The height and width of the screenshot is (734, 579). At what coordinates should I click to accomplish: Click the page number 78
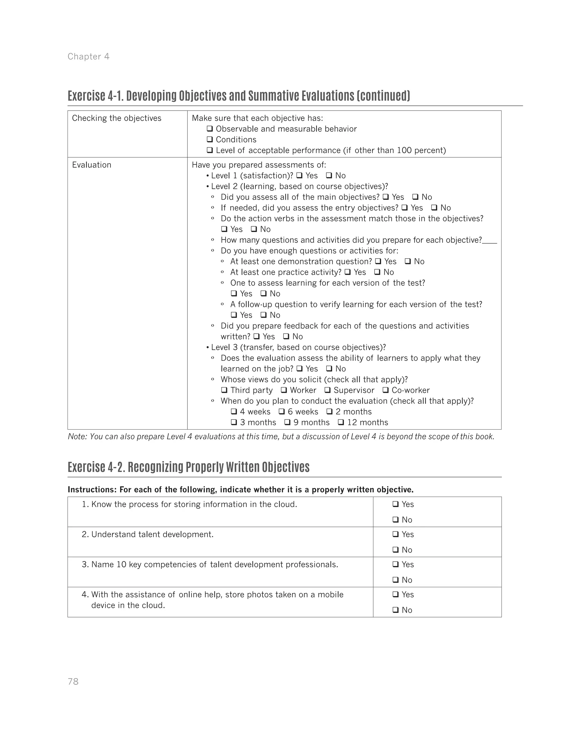click(73, 681)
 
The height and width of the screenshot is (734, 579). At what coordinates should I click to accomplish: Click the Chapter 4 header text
click(88, 56)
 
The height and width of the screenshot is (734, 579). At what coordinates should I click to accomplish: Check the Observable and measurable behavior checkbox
click(210, 129)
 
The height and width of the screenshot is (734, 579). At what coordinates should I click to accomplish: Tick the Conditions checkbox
click(210, 140)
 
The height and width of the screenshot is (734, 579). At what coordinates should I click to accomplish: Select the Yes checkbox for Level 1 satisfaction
click(299, 176)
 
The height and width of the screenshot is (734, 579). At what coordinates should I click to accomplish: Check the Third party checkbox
click(224, 390)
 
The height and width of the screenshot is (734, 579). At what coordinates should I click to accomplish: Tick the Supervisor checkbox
click(327, 390)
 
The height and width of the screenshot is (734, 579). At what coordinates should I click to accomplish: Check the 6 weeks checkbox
click(282, 412)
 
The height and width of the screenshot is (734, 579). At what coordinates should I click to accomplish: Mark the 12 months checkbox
click(341, 422)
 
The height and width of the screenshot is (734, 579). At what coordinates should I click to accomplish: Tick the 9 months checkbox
click(288, 422)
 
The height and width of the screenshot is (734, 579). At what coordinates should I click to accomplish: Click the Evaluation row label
click(92, 165)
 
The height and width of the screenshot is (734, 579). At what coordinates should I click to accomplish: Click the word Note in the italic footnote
click(77, 437)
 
